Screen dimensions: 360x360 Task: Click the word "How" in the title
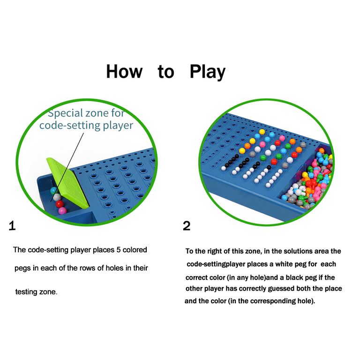[124, 71]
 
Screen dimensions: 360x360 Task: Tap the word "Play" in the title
[208, 72]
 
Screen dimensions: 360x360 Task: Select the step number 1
[12, 225]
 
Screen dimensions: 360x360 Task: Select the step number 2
[187, 225]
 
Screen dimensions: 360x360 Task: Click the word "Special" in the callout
[65, 113]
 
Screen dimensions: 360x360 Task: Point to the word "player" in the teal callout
[118, 126]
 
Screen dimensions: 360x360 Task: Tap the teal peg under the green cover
[54, 190]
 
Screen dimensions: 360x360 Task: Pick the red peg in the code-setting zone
[60, 203]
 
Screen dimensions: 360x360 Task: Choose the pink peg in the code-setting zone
[62, 210]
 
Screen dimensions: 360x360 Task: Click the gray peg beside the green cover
[57, 197]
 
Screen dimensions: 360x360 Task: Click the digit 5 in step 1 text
[119, 250]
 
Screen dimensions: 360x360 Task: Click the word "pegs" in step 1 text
[22, 268]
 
